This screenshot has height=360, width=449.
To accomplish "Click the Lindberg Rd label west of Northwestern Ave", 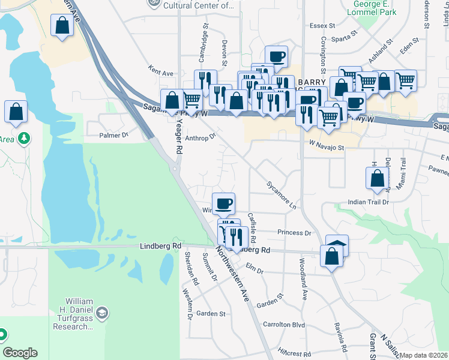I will (x=160, y=246).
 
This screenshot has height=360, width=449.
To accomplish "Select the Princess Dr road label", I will (x=294, y=232).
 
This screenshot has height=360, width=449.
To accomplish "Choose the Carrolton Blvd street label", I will (x=284, y=325).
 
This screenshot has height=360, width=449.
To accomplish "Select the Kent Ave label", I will (x=160, y=73).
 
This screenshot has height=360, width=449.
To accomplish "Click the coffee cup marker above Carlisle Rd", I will (x=223, y=203).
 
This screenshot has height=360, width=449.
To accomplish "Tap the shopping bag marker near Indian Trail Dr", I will (x=376, y=178).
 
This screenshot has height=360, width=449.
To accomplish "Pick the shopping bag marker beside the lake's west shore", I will (x=16, y=111).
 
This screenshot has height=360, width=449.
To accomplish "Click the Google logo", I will (x=20, y=353).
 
